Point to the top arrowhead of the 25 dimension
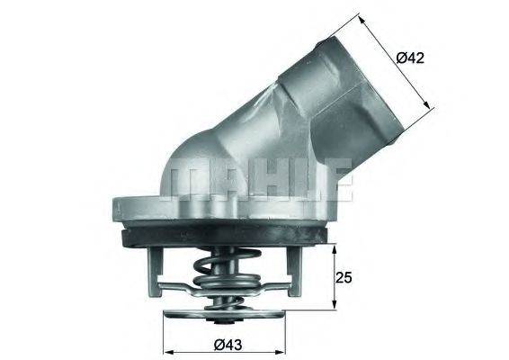[x=326, y=243]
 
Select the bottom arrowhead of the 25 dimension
[x=326, y=310]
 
